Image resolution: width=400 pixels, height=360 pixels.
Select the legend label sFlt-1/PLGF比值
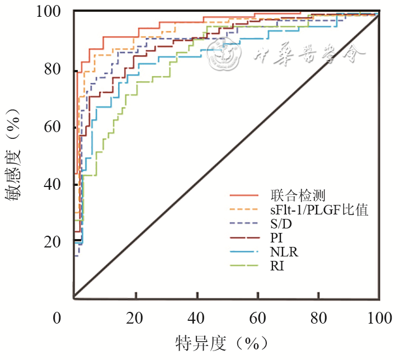[320, 210]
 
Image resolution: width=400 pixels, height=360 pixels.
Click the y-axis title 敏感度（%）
[15, 154]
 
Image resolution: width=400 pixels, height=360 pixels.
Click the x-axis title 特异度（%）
[222, 342]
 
